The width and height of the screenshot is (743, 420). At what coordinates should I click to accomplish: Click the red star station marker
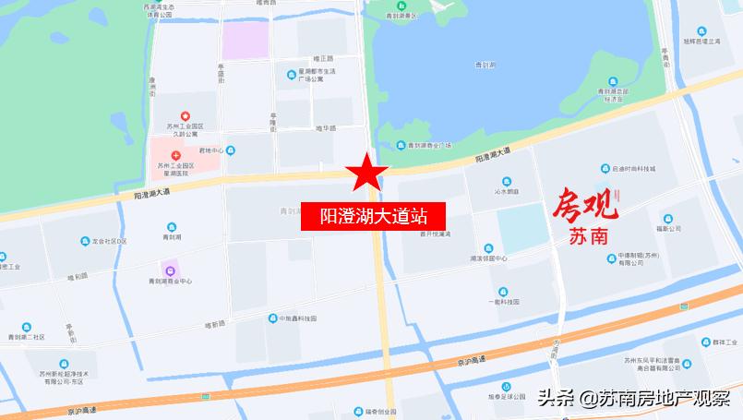[367, 171]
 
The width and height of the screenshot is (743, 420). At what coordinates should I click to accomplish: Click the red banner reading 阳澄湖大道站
[374, 217]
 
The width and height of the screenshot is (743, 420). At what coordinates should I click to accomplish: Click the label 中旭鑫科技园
[297, 318]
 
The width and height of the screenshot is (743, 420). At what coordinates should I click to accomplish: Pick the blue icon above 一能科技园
[503, 290]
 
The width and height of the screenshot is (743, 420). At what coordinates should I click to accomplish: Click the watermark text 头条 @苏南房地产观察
[634, 399]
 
